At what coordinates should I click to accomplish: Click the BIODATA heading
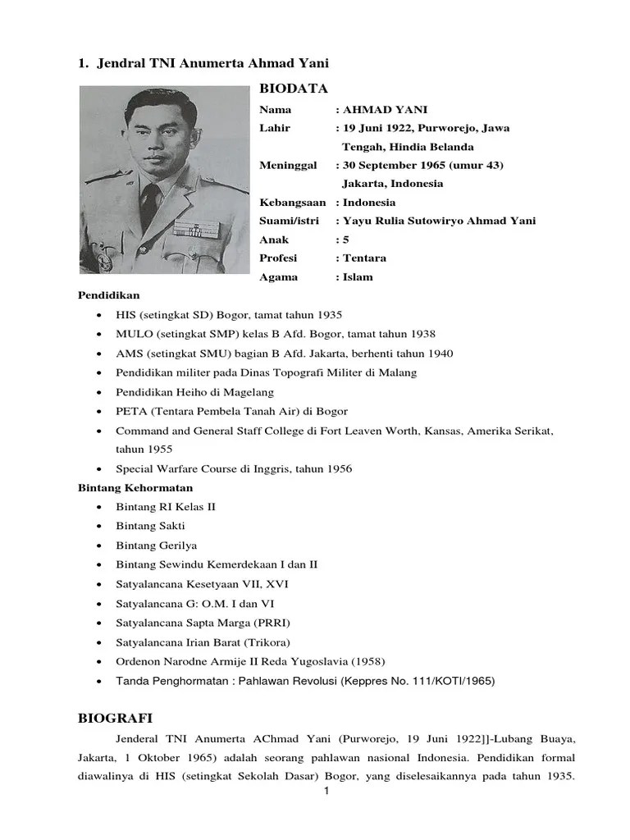pos(294,89)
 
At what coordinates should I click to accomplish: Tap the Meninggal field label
pos(288,165)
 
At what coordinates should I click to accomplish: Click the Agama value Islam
pos(358,276)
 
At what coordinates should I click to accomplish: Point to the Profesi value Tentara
pos(364,258)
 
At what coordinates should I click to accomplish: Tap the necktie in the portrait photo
pos(151,200)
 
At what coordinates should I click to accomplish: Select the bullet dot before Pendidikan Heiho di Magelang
pos(99,392)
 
